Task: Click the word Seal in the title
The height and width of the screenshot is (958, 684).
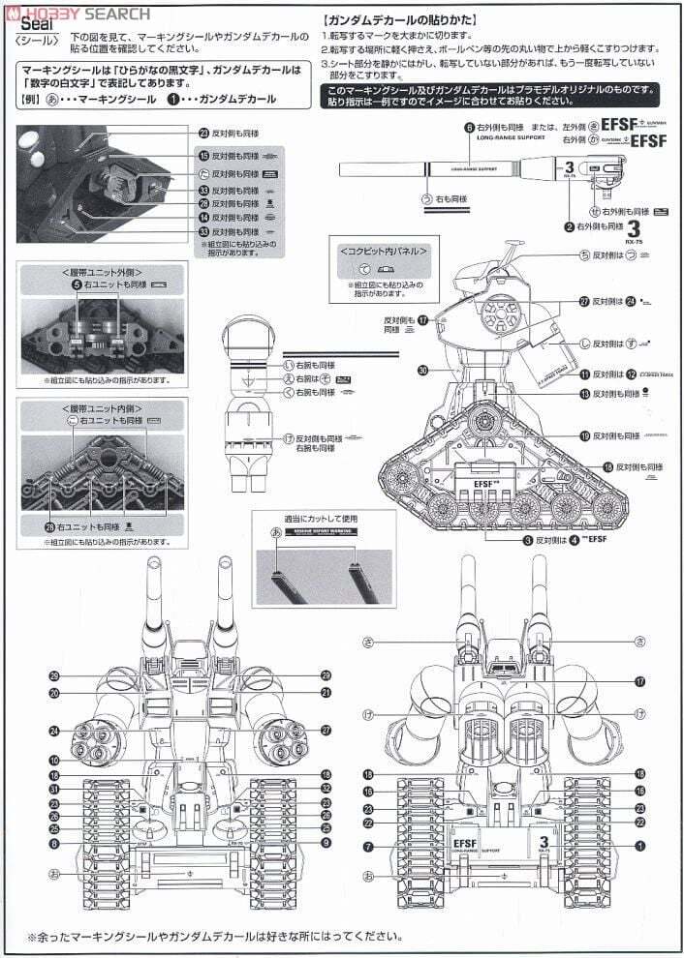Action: pyautogui.click(x=30, y=28)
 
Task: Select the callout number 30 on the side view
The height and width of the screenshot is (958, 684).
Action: pyautogui.click(x=422, y=369)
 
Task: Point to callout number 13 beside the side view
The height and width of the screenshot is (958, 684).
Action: pyautogui.click(x=585, y=393)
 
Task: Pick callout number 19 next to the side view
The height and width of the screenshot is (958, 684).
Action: pyautogui.click(x=585, y=435)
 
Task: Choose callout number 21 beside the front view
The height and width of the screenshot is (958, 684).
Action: pyautogui.click(x=326, y=693)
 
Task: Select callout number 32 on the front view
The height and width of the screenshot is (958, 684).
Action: pyautogui.click(x=326, y=789)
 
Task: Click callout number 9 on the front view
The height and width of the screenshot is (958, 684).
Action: pyautogui.click(x=326, y=844)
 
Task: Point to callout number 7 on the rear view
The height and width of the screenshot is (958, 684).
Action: pyautogui.click(x=367, y=847)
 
